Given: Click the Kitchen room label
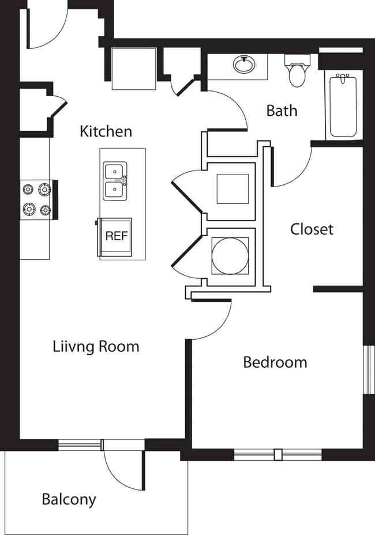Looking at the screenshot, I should [106, 131].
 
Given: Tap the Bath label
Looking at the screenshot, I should [282, 111].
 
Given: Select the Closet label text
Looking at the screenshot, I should [312, 229].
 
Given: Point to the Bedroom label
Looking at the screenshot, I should [275, 362].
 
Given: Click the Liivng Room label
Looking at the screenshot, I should [96, 347].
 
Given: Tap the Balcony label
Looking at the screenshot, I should [69, 499].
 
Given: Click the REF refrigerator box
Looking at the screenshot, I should [115, 236].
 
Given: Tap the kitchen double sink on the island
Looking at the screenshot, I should [115, 181].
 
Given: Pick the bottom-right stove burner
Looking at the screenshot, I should [44, 210].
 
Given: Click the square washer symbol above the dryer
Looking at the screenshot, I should [232, 189].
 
